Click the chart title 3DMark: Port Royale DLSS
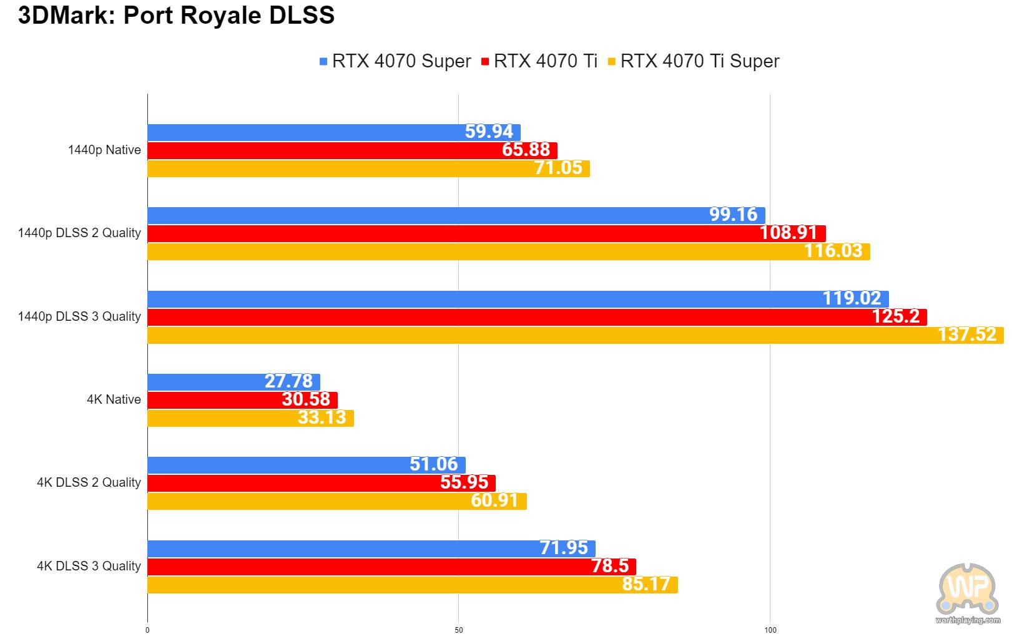click(177, 15)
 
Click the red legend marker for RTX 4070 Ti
click(484, 62)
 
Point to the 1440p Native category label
click(104, 150)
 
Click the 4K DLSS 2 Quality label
click(89, 482)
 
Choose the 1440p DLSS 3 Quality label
click(79, 316)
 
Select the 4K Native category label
click(114, 399)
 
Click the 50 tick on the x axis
click(459, 630)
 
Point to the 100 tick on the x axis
click(770, 630)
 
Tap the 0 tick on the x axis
click(147, 630)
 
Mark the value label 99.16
click(733, 215)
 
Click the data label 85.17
click(646, 584)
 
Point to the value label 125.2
click(895, 316)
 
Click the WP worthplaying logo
click(967, 593)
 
